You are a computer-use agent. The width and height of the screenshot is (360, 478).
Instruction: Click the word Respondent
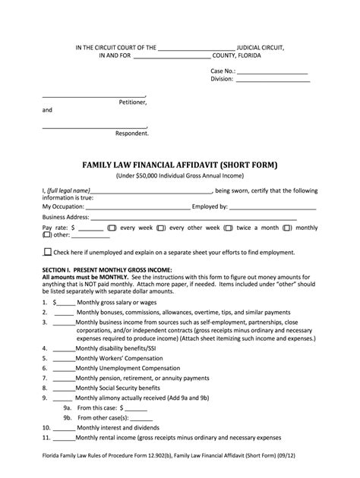click(x=132, y=133)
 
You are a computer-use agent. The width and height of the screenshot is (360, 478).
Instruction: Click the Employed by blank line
click(x=273, y=206)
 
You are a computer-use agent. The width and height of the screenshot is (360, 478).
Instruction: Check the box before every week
click(x=111, y=228)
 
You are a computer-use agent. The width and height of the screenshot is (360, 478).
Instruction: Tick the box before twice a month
click(x=228, y=228)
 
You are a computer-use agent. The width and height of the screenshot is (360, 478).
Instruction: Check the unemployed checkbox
click(x=49, y=252)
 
